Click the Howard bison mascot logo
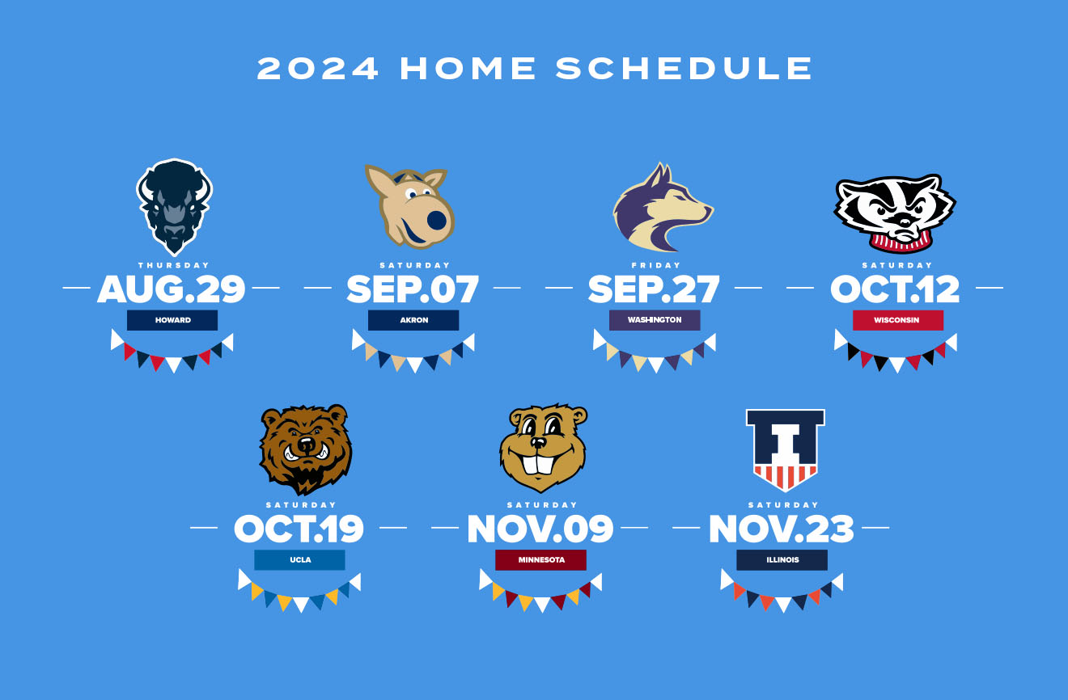pos(174,207)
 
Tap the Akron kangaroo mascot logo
pos(410,207)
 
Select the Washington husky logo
pos(663,208)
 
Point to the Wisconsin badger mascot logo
pos(895,213)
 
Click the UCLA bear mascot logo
pos(306,449)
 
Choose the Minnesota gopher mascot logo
pos(543,448)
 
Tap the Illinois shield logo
pos(786,450)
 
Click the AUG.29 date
pos(172,289)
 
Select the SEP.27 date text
pos(654,289)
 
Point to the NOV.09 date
pos(540,529)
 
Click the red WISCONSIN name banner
pos(898,320)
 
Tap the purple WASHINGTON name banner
pos(655,320)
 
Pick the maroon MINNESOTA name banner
pos(540,560)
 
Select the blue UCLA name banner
pos(299,560)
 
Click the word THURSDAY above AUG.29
pos(173,265)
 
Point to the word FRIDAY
pos(655,265)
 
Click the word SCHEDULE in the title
pos(684,68)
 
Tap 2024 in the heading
pos(317,68)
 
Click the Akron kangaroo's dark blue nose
pos(436,220)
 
